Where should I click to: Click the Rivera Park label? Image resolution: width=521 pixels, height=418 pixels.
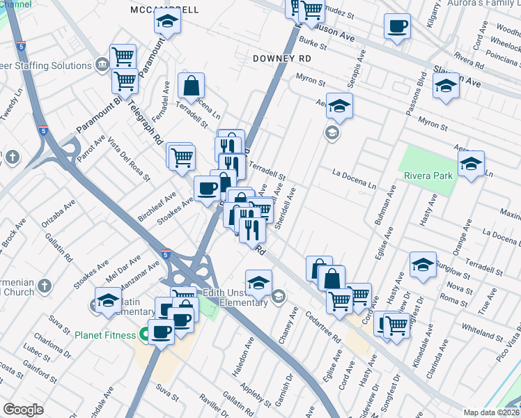coord(428,176)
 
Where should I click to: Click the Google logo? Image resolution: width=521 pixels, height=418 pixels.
coord(23,410)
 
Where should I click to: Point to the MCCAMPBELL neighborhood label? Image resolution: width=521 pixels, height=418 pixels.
coord(164,10)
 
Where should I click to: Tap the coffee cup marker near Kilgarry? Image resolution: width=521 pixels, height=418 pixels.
coord(398,26)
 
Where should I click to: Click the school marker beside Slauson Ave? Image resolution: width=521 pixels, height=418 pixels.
coord(446,86)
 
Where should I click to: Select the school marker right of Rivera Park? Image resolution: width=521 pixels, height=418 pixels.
coord(472,164)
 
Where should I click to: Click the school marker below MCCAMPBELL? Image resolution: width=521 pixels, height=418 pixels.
coord(167,24)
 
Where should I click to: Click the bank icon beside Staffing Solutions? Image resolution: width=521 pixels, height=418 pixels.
coord(102,65)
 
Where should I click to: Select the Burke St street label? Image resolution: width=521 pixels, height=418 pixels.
coord(313,43)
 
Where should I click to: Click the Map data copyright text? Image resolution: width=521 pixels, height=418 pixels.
coord(492,412)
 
